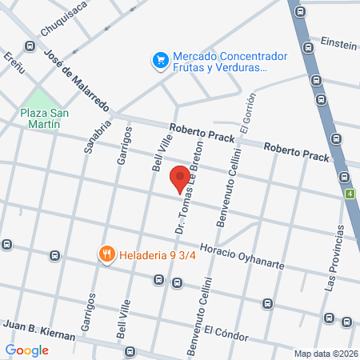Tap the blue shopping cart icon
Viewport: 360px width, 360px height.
[159, 59]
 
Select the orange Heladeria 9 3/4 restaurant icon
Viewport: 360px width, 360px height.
[106, 254]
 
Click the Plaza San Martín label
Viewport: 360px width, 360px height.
[45, 118]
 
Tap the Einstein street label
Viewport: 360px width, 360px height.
[338, 42]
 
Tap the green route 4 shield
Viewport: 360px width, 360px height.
[350, 194]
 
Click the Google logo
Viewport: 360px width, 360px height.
[26, 350]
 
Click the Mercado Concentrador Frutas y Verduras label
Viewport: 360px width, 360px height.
[219, 62]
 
